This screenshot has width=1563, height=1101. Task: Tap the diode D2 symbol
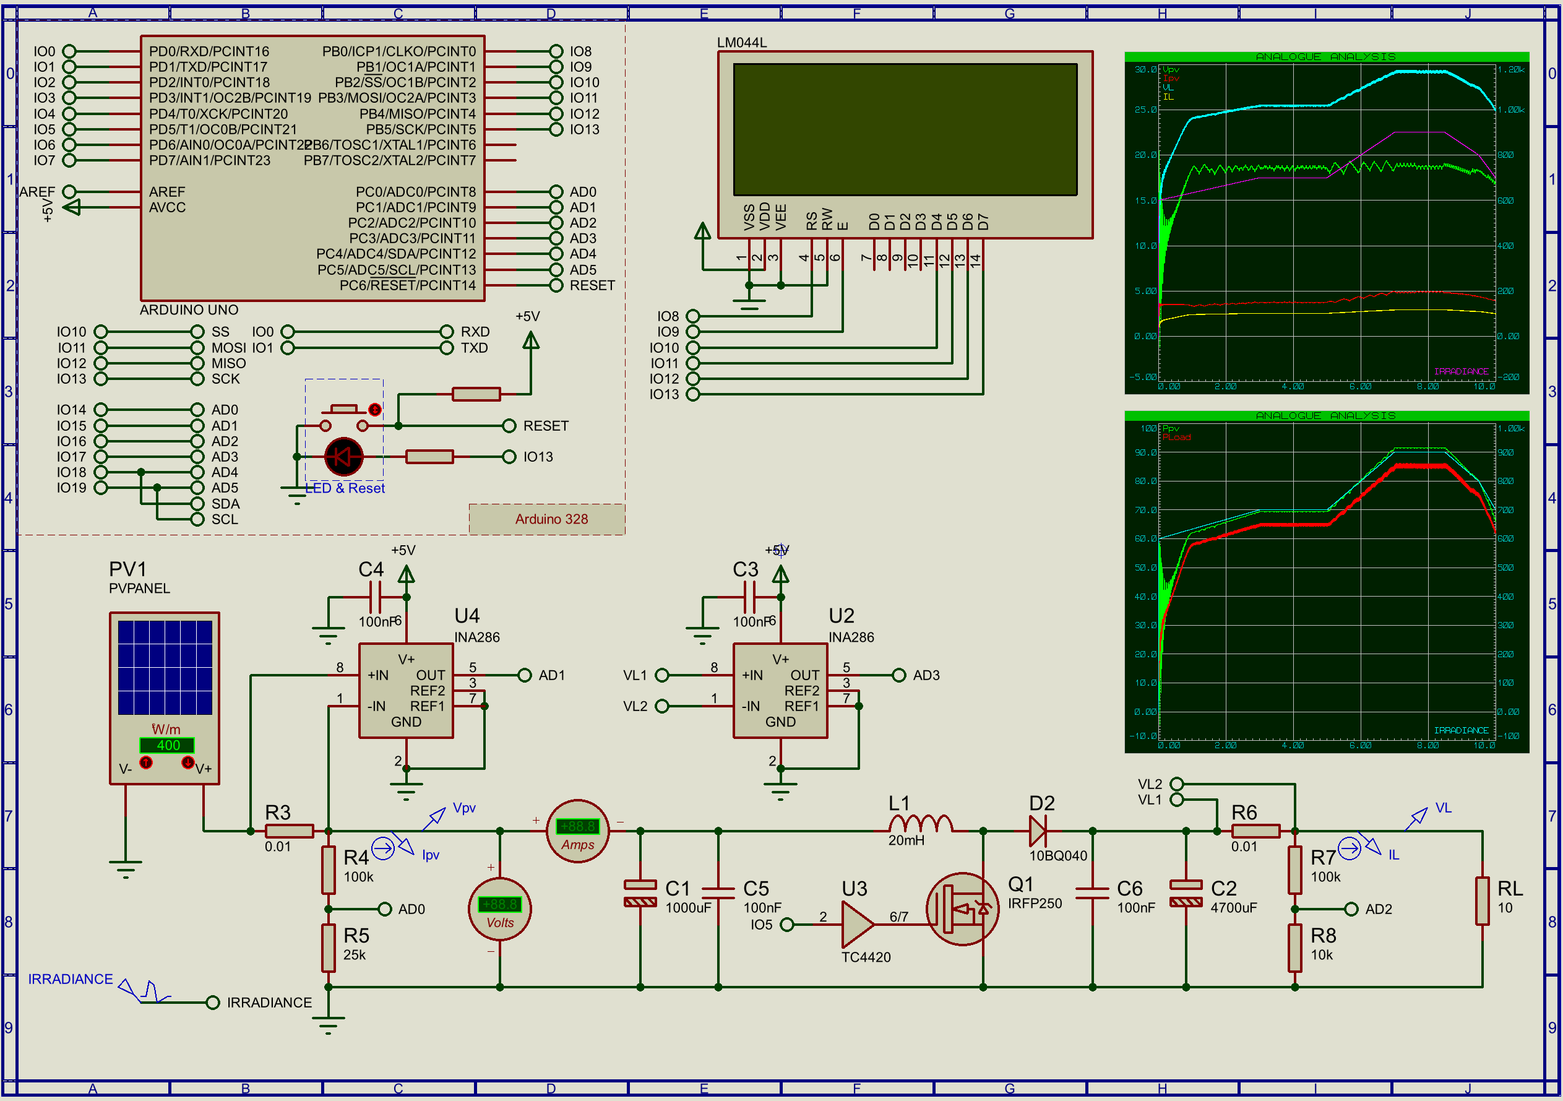1039,831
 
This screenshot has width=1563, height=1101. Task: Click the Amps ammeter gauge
577,831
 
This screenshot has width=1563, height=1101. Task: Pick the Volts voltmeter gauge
500,909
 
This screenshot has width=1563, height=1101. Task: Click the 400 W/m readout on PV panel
168,745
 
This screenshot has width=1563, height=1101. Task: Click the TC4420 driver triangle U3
856,924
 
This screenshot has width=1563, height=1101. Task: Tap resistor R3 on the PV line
288,831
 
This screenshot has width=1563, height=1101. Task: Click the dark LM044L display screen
905,129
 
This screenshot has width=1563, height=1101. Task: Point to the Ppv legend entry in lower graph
1170,428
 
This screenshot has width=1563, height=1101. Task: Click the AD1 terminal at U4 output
524,675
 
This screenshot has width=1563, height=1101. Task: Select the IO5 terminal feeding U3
787,924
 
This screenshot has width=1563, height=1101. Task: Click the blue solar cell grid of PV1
165,667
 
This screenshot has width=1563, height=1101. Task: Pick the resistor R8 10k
1295,947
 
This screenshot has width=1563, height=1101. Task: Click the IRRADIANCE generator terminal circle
212,1002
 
